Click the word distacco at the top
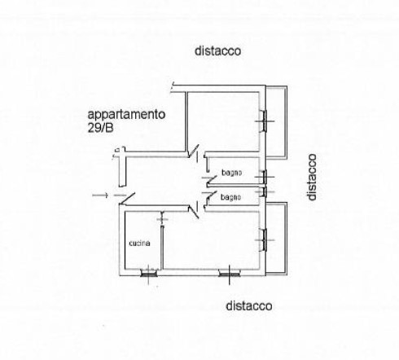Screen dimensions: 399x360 point(217,51)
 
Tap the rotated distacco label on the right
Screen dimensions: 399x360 point(312,177)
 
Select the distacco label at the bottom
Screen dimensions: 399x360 point(249,305)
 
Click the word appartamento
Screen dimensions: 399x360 point(126,115)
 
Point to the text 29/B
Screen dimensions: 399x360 point(100,128)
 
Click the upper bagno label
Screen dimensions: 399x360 point(231,173)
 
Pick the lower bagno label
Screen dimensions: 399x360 point(230,197)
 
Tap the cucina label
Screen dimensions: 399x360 point(139,243)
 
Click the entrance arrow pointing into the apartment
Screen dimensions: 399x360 point(100,195)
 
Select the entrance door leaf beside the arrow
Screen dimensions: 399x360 point(128,198)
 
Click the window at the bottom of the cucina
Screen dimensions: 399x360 point(148,273)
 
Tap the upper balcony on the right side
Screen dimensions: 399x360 point(276,122)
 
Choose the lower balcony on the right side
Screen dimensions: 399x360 point(276,239)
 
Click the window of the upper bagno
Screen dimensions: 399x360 point(264,177)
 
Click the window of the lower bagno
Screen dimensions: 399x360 point(264,191)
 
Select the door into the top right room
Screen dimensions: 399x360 point(194,151)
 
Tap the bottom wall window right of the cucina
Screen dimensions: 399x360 point(230,274)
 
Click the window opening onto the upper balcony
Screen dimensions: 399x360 point(264,121)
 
